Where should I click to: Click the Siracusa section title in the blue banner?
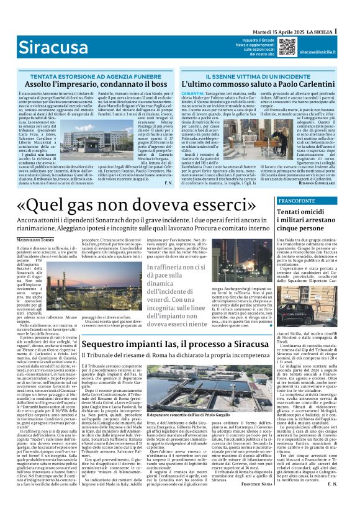[50, 47]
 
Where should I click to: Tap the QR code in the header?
[287, 46]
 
